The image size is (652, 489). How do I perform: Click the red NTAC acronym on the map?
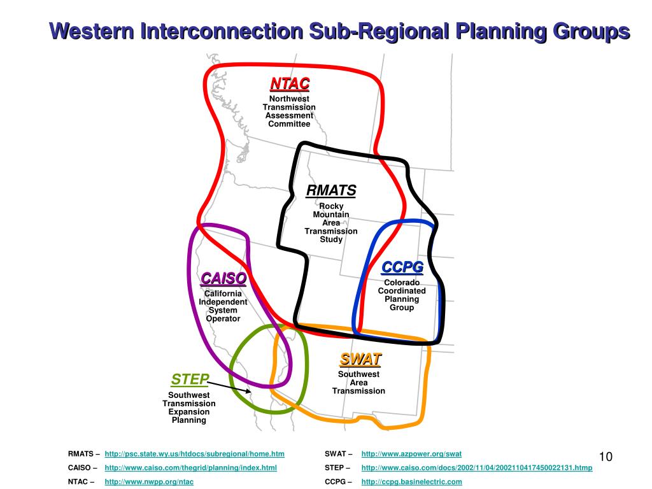coord(289,84)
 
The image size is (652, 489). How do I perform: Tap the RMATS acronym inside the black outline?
coord(331,191)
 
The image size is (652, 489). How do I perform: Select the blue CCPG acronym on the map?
coord(402,267)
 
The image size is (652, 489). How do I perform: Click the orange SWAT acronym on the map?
coord(360,360)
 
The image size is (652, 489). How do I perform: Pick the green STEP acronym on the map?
coord(190,380)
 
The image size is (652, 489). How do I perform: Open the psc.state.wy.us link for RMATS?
coord(194,454)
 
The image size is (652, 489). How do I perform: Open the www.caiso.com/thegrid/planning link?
coord(190,468)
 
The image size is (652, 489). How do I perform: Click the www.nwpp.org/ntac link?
coord(149,482)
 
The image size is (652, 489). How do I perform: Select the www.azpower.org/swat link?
coord(411,454)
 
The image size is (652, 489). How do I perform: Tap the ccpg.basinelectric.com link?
coord(411,482)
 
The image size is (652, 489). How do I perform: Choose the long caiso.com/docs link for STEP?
coord(476,468)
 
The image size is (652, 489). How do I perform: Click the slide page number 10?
coord(606,457)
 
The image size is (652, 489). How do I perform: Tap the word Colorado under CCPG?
coord(401,283)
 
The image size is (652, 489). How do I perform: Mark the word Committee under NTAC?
coord(289,124)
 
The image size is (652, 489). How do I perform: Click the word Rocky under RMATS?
coord(331,206)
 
